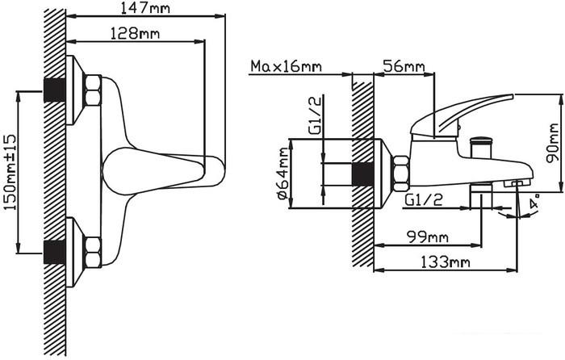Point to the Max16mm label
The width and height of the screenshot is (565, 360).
(x=286, y=66)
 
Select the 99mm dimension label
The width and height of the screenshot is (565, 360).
(x=427, y=237)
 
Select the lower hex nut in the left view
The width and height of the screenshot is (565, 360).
(x=92, y=252)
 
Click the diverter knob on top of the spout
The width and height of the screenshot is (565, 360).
(x=482, y=146)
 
